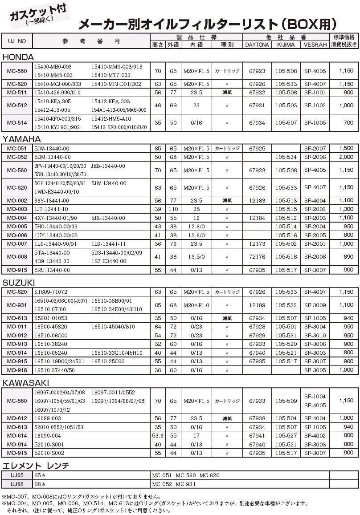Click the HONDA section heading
point(18,57)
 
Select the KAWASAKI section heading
point(26,383)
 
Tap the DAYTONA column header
point(257,45)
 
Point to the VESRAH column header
point(315,45)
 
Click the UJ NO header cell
point(17,41)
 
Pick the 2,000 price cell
point(346,157)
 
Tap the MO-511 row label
point(17,93)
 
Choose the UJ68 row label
point(17,484)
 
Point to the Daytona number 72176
point(257,257)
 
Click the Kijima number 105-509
point(286,401)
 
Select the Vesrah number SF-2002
point(315,209)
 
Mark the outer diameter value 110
point(173,209)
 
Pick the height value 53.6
point(158,436)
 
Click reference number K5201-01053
point(51,318)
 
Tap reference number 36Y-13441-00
point(52,201)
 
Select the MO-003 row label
point(17,209)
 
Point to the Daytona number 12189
point(257,305)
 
